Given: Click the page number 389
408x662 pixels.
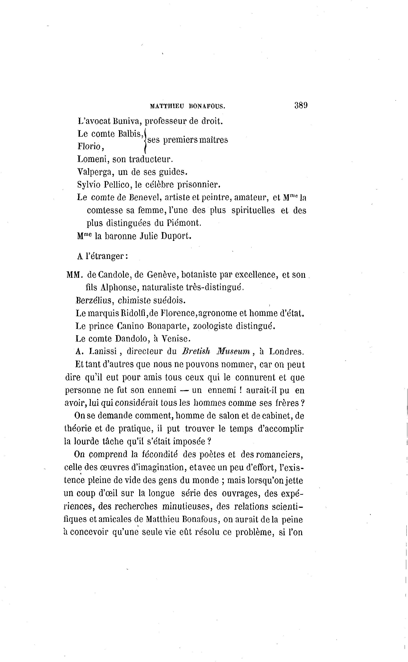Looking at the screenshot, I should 301,105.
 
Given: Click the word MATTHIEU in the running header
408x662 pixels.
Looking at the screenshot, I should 167,106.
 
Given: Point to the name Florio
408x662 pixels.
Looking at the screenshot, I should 89,146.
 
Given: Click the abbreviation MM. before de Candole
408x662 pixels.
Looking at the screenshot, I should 74,275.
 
